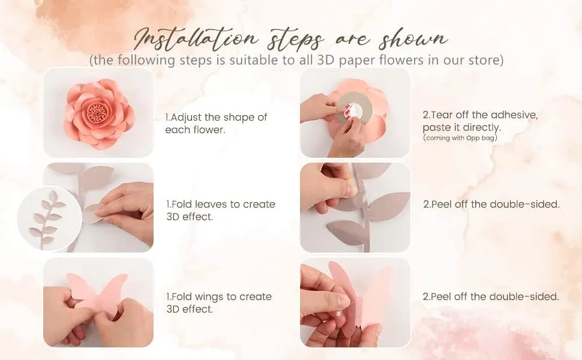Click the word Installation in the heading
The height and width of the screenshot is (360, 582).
(198, 40)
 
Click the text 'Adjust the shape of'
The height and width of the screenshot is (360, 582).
(216, 117)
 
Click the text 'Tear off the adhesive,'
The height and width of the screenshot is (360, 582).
(480, 115)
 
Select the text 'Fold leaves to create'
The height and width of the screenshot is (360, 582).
(220, 204)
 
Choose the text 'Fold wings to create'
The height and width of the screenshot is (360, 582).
(218, 296)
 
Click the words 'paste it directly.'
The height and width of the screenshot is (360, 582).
(461, 127)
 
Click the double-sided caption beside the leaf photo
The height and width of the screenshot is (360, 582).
(491, 204)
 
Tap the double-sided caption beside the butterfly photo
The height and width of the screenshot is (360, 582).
(491, 296)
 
